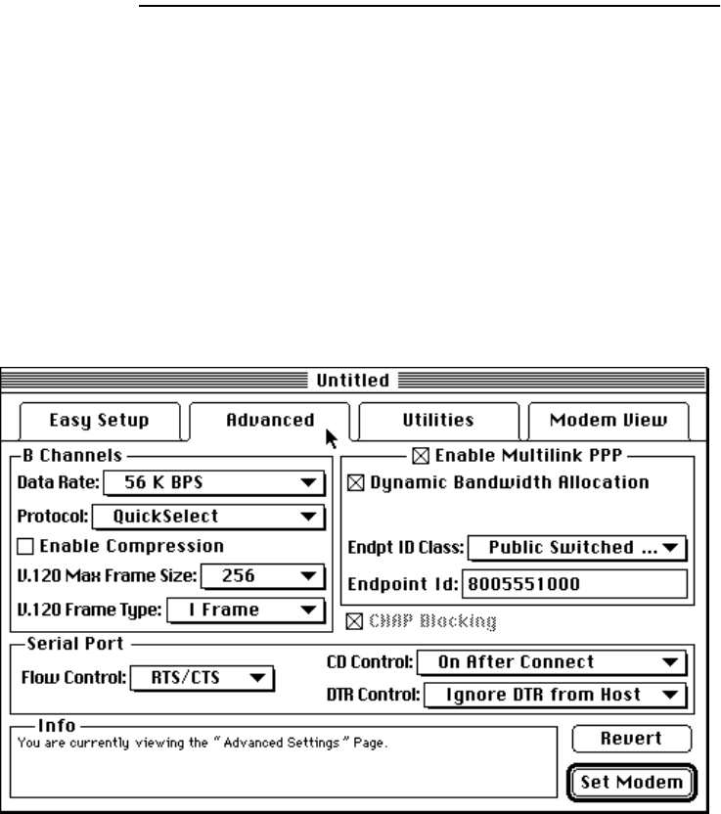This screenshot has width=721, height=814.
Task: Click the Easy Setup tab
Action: point(99,421)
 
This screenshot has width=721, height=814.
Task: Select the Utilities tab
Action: point(438,421)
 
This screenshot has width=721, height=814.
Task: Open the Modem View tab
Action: point(608,421)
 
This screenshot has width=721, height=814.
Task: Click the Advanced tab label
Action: point(270,421)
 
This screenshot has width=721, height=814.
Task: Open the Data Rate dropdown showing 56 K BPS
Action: point(213,481)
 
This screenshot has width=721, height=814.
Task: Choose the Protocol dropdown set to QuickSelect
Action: point(207,516)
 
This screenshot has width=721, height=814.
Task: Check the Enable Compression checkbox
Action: point(25,547)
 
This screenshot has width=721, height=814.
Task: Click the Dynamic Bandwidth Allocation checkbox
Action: point(355,481)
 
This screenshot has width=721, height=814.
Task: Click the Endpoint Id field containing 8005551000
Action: point(574,583)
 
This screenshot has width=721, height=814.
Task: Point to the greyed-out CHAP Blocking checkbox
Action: point(355,619)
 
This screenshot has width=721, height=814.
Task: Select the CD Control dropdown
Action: point(552,662)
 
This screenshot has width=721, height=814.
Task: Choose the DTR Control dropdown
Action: point(555,695)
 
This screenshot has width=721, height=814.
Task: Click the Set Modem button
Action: point(632,783)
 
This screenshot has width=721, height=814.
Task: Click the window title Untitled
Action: point(352,380)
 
